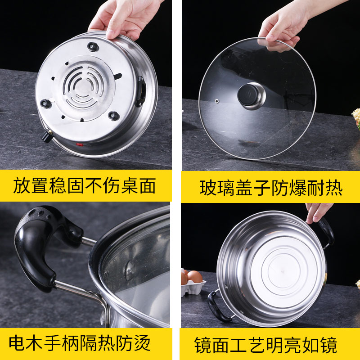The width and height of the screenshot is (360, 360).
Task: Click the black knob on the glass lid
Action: [248, 95]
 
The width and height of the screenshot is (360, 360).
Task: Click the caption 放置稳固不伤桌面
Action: [85, 185]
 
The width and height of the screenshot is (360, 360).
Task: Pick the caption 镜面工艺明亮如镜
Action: [265, 346]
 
